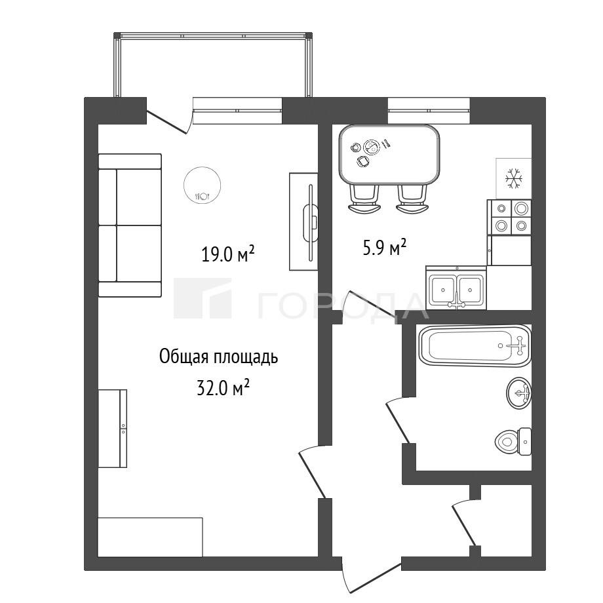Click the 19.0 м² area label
click(x=227, y=254)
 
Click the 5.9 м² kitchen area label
click(x=385, y=248)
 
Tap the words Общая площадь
click(x=218, y=357)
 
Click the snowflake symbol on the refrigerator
click(x=513, y=178)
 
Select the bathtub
click(x=475, y=345)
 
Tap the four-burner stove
click(x=509, y=217)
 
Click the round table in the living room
click(x=203, y=185)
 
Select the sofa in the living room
click(x=130, y=225)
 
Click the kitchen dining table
click(x=389, y=155)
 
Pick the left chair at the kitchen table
click(x=364, y=199)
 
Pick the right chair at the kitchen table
click(x=412, y=199)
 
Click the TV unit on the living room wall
click(x=304, y=222)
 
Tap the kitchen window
click(x=429, y=110)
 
